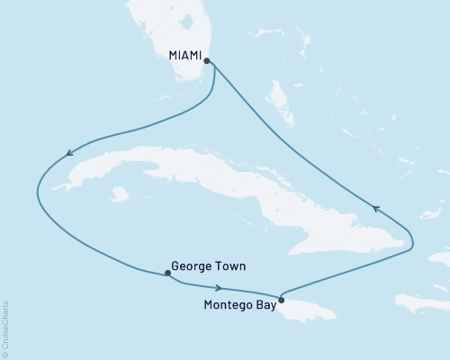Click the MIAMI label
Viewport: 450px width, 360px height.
(184, 55)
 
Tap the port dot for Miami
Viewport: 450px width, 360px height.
(207, 61)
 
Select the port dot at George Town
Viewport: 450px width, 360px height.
(166, 273)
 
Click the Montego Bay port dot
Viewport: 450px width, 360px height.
(281, 301)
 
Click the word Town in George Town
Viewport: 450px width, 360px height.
(229, 267)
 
